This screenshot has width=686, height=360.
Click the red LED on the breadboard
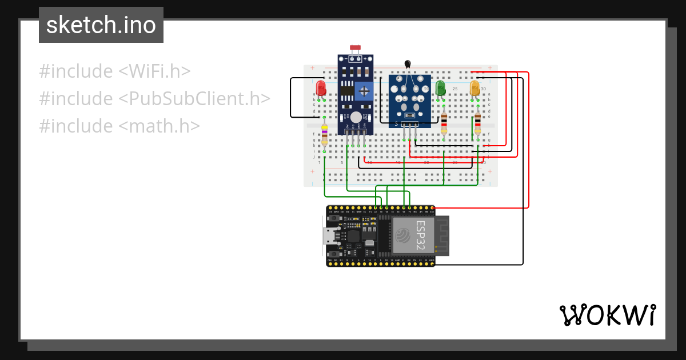coord(321,89)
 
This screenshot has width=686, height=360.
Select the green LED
coord(440,88)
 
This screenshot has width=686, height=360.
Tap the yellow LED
coord(474,88)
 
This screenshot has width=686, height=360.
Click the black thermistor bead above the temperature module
coord(408,64)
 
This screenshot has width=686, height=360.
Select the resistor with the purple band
coord(325,136)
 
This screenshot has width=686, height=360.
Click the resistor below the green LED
coord(444,122)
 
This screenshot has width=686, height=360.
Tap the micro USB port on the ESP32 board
coord(329,235)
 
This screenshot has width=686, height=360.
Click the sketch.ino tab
coord(101,25)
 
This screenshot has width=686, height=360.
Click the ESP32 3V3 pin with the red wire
coord(432,207)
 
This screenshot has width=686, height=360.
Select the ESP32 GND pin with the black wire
coord(432,264)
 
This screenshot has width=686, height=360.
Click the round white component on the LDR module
coord(356,117)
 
